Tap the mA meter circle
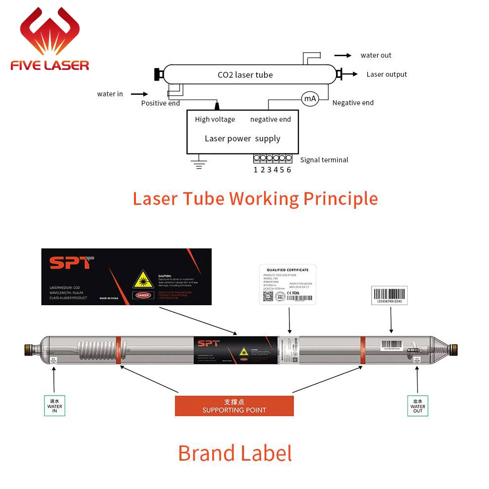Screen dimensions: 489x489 (x=310, y=99)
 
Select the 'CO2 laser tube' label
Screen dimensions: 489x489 (x=245, y=75)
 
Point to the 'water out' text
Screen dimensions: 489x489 (x=376, y=55)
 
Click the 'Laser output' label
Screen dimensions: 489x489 (x=387, y=74)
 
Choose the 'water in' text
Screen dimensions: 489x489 (x=110, y=94)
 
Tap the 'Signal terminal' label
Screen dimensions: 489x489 (x=324, y=160)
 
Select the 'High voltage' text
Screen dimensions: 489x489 (x=215, y=119)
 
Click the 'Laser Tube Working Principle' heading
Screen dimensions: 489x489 (x=255, y=199)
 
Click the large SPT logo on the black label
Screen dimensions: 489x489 (x=71, y=263)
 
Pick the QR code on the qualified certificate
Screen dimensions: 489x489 (x=268, y=296)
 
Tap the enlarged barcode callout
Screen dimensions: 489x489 (x=389, y=295)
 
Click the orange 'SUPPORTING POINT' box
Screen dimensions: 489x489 (x=234, y=406)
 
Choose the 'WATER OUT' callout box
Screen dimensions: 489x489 (x=418, y=406)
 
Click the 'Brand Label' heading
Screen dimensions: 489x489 (x=235, y=453)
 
